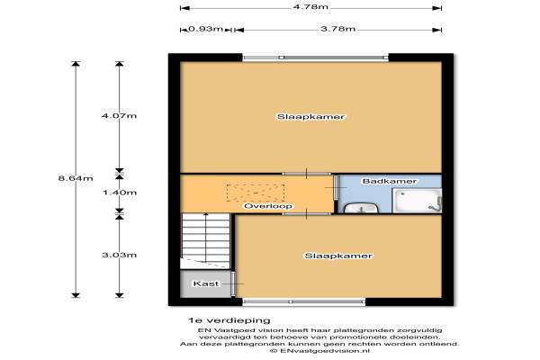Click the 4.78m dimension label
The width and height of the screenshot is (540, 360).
[310, 7]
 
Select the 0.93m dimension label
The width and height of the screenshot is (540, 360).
[205, 29]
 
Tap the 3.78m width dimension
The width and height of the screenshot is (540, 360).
[337, 29]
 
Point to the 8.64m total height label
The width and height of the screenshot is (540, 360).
[76, 178]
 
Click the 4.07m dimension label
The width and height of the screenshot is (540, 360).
[119, 116]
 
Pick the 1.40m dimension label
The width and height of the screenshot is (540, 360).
[120, 193]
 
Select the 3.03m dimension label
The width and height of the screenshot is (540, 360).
[119, 255]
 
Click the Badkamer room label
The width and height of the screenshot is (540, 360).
[390, 181]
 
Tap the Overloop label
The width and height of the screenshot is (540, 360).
[268, 206]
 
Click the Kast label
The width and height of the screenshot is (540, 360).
[206, 283]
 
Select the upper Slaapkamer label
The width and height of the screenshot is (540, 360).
[311, 117]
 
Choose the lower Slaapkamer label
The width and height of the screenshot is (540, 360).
[338, 256]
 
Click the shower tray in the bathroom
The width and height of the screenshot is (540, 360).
[418, 201]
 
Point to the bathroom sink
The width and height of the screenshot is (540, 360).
[361, 208]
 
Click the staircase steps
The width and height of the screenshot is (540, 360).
[205, 241]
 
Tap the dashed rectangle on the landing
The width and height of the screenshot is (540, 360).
[256, 193]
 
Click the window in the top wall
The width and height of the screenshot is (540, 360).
[316, 58]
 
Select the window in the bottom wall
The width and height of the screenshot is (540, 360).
[304, 302]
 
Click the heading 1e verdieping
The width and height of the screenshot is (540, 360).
[229, 320]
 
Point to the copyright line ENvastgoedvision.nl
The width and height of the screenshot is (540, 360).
[319, 351]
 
